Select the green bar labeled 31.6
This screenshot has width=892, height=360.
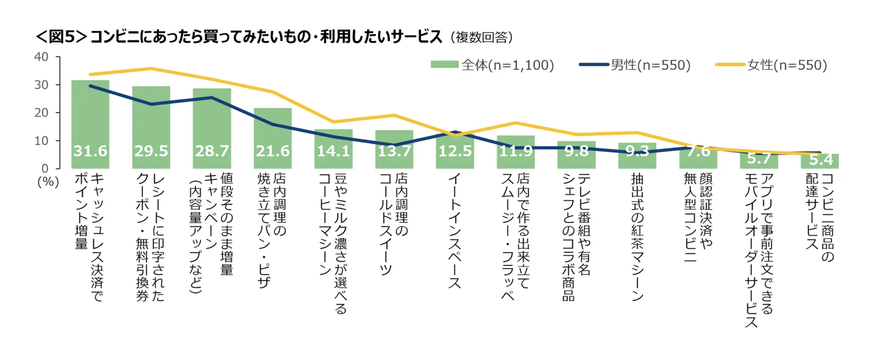coord(90,115)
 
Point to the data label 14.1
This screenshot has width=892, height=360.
coord(333,152)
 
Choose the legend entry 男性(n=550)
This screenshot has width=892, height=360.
coord(634,65)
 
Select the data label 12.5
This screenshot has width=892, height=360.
coord(455,152)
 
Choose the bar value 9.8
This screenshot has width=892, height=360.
coord(576,152)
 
